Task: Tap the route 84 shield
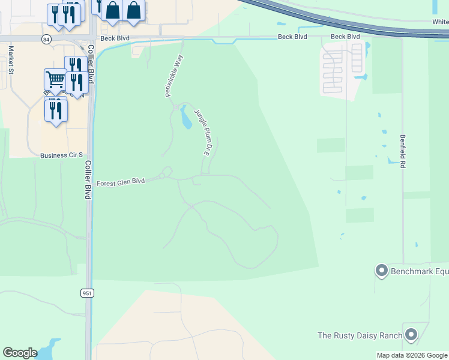[46, 38]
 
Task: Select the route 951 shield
[86, 293]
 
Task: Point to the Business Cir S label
[61, 155]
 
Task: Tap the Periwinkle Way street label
[173, 76]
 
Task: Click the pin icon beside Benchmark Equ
[381, 271]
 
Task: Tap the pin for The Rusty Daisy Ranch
[411, 334]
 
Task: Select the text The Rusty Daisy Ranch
[360, 335]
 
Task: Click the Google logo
[20, 353]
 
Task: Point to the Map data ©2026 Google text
[412, 355]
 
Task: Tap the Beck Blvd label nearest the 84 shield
[115, 38]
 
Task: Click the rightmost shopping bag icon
[133, 10]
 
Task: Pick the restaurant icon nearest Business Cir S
[56, 110]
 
